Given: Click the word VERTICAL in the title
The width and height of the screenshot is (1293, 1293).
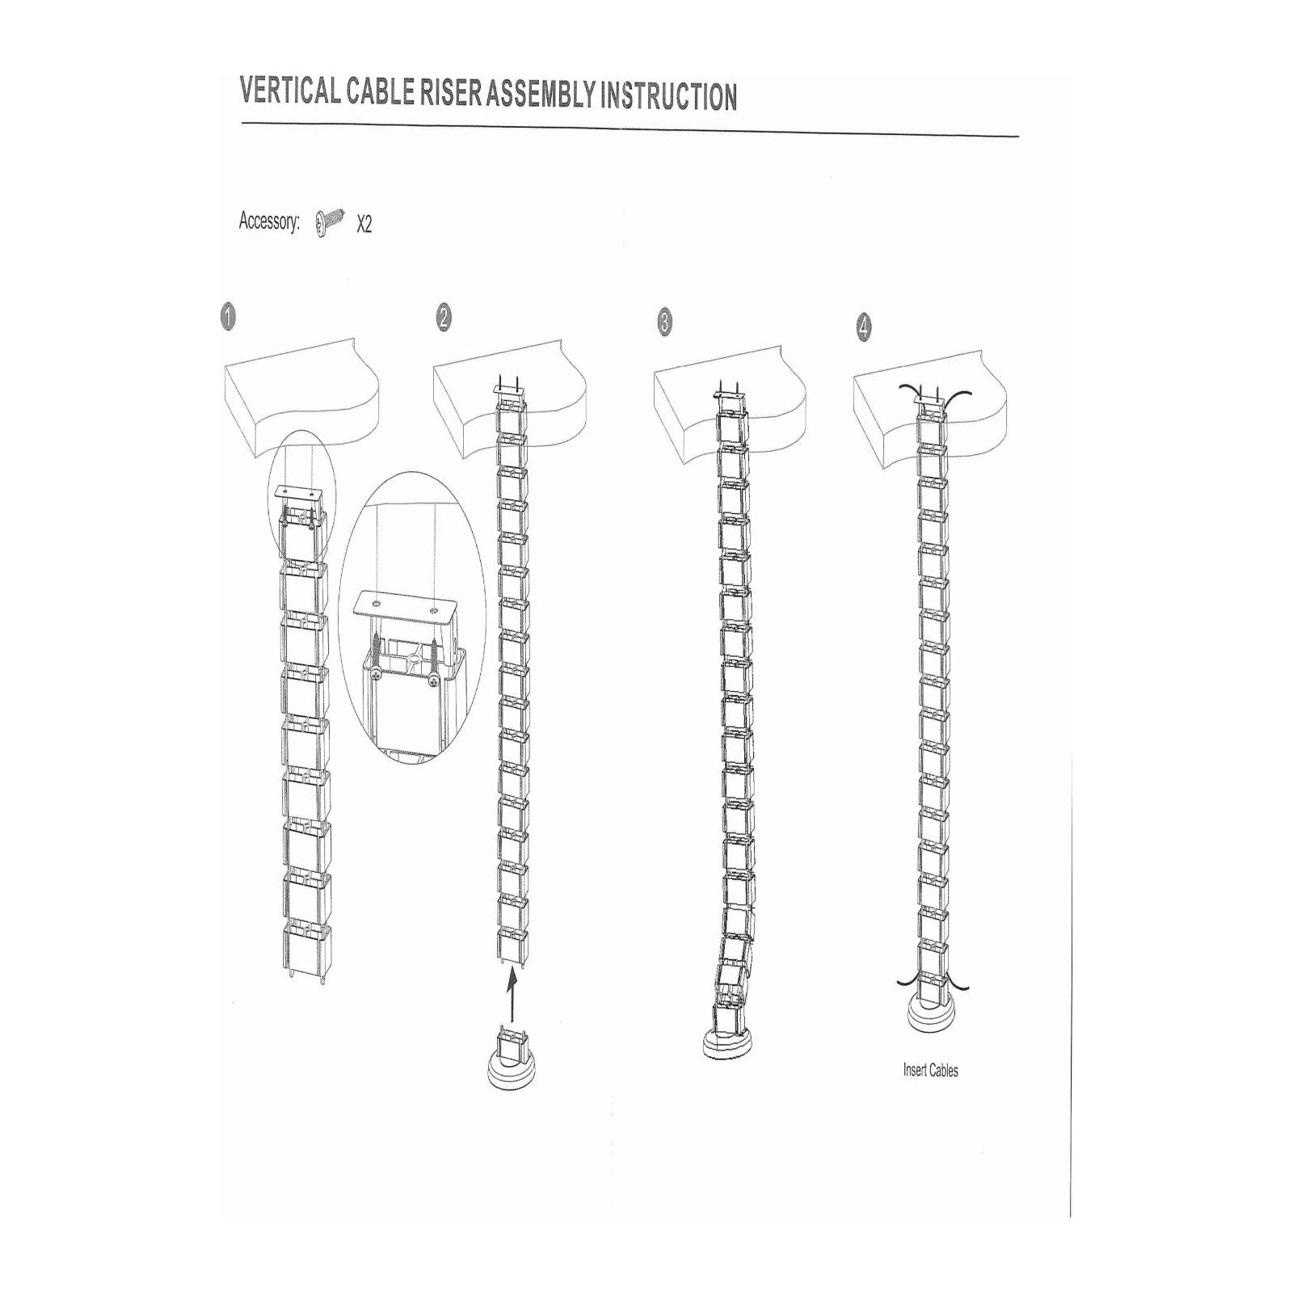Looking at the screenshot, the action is pos(290,91).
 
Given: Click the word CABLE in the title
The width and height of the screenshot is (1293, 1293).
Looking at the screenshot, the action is pos(380,92).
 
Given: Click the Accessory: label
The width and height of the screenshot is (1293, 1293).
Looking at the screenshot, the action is pos(269,221).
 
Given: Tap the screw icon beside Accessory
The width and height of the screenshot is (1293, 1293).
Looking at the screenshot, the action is pos(331,220).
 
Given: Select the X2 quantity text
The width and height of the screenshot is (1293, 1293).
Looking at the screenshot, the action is pos(364,224).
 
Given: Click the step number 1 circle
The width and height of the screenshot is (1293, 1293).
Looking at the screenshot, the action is pos(229,317).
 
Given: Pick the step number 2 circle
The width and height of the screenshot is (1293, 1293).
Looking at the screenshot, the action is pos(444,318).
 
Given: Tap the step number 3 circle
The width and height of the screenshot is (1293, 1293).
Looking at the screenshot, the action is pos(664,322).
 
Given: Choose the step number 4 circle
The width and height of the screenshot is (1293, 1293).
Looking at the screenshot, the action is pos(864,327).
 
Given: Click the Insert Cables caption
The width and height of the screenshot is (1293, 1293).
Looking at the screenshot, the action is pos(931,1071).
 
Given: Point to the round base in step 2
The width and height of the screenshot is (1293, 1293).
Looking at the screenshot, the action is pos(512,1068).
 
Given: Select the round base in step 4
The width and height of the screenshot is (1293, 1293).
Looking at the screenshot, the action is pos(931,1016).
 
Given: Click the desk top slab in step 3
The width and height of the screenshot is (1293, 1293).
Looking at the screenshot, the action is pos(731,396).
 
